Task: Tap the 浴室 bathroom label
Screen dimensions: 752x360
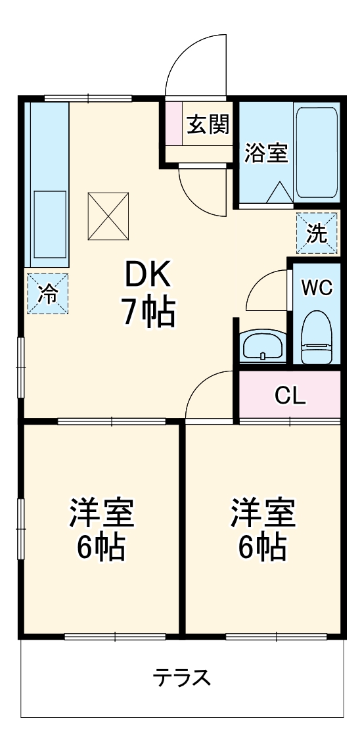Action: [x=266, y=153]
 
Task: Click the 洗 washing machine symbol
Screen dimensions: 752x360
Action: [x=317, y=234]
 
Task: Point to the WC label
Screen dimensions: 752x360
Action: [x=317, y=288]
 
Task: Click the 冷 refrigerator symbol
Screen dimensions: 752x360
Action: [x=47, y=294]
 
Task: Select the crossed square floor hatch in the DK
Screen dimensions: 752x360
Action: [x=108, y=216]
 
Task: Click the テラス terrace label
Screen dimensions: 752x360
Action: [x=182, y=677]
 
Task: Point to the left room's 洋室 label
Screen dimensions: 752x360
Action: [x=102, y=513]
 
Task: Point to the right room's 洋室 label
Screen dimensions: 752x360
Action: [x=262, y=513]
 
